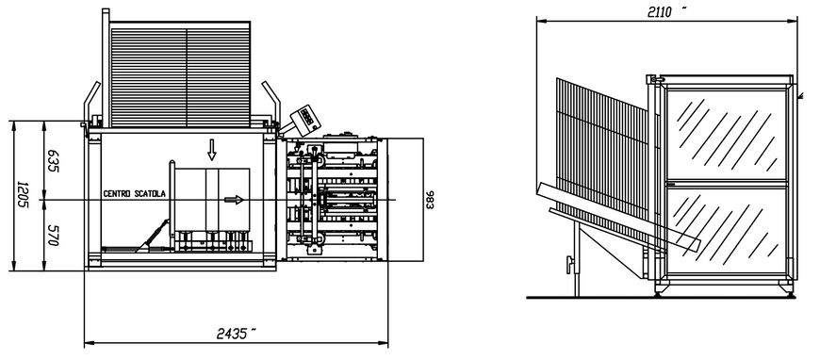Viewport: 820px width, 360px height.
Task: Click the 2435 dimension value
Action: coord(233,334)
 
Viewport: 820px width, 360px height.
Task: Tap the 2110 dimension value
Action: coord(660,12)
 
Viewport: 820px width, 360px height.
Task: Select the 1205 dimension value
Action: coord(23,195)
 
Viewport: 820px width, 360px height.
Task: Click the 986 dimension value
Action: coord(430,200)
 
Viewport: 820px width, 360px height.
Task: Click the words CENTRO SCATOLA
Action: coord(135,193)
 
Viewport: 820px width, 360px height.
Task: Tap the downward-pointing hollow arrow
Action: coord(211,150)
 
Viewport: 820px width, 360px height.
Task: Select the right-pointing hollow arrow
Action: coord(235,200)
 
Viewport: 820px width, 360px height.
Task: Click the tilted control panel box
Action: coord(304,118)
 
